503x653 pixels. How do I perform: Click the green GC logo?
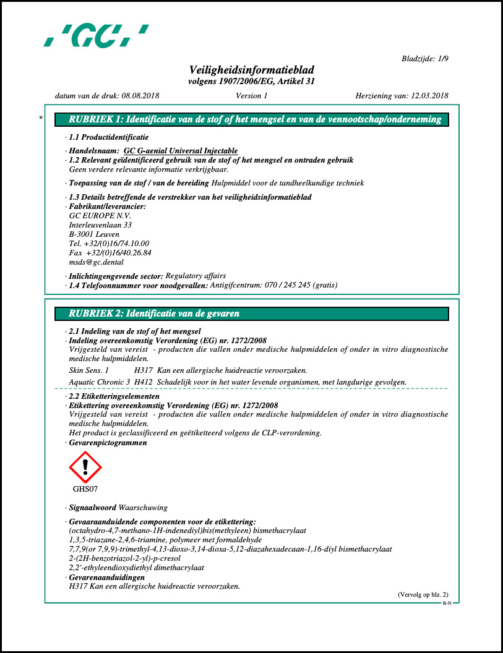(95, 35)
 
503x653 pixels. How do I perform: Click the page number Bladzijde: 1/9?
(424, 58)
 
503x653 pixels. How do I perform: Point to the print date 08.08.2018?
(140, 96)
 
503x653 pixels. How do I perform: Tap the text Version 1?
(252, 96)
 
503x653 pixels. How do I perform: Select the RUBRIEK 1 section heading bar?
(251, 120)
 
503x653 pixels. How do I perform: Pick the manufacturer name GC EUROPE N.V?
(100, 216)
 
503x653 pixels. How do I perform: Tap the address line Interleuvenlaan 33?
(100, 225)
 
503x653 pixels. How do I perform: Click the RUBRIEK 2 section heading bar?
(251, 314)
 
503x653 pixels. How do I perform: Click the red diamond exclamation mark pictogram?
(85, 467)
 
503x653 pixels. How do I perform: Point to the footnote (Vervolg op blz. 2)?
(423, 594)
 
